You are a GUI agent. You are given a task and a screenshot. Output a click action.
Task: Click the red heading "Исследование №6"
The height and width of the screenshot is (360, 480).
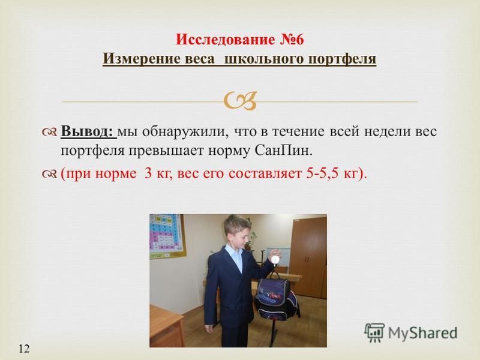pyautogui.click(x=239, y=40)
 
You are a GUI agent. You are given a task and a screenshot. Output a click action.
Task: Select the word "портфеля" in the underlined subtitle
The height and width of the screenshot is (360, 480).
pyautogui.click(x=342, y=59)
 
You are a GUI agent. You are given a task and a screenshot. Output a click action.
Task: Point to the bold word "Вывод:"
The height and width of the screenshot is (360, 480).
pyautogui.click(x=88, y=131)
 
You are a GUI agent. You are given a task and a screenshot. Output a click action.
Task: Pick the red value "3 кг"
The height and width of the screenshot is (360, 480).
pyautogui.click(x=155, y=174)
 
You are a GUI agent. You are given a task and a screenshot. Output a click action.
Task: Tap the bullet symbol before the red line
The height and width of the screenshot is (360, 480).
pyautogui.click(x=50, y=174)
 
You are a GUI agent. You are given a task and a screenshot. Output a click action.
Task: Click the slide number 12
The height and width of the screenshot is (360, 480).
pyautogui.click(x=24, y=349)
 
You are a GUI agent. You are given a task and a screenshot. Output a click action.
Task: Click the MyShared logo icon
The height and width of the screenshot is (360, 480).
pyautogui.click(x=374, y=332)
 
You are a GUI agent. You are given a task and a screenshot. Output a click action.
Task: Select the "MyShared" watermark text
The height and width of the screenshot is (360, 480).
pyautogui.click(x=423, y=333)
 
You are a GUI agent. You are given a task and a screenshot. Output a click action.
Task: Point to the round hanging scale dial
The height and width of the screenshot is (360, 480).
pyautogui.click(x=276, y=259)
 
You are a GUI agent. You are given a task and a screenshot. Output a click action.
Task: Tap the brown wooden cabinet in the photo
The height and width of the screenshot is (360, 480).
pyautogui.click(x=308, y=258)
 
